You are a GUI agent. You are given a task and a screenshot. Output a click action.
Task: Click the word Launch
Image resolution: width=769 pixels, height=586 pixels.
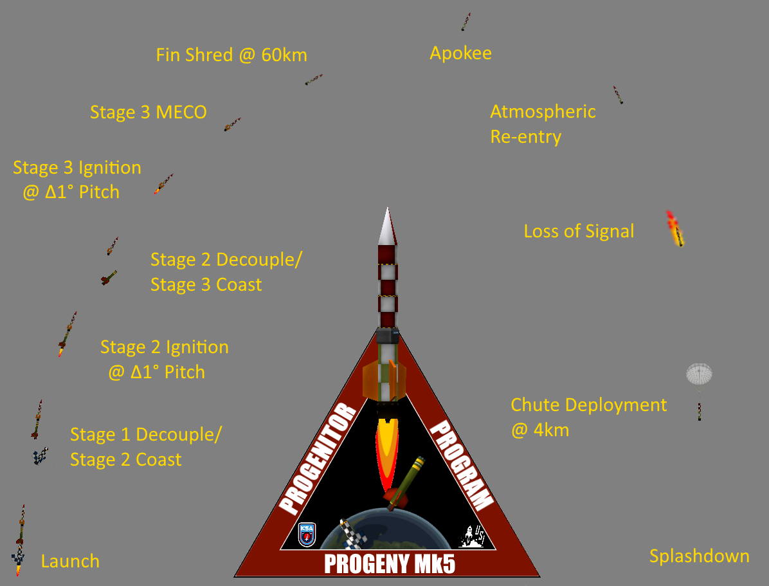tap(70, 561)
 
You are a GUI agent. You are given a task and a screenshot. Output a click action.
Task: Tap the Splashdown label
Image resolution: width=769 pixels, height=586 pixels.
tap(699, 556)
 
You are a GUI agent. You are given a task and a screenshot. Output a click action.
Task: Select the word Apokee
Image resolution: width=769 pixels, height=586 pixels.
tap(460, 53)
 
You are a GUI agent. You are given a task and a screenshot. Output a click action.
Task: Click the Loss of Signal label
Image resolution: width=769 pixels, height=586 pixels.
tap(579, 231)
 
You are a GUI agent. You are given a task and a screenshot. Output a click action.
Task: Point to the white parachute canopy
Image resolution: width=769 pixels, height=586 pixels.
tap(699, 373)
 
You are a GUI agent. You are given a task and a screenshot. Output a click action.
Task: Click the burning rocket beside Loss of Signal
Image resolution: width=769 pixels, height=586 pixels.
tap(675, 229)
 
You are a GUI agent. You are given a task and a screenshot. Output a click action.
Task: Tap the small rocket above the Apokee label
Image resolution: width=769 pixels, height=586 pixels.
tap(466, 21)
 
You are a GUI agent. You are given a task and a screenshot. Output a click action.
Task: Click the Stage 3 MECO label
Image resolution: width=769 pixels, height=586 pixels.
tap(148, 112)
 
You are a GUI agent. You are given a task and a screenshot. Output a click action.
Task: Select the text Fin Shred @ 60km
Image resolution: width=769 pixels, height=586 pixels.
tap(231, 55)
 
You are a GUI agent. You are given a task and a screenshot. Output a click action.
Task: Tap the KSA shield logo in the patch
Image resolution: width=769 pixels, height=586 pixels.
tap(307, 534)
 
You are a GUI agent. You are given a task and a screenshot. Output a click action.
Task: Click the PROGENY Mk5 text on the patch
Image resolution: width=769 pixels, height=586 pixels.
tap(390, 564)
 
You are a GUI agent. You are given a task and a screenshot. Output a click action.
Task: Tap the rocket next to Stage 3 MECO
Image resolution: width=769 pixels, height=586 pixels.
tap(232, 124)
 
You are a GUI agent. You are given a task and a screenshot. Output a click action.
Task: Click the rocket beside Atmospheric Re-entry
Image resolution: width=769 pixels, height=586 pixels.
tap(618, 95)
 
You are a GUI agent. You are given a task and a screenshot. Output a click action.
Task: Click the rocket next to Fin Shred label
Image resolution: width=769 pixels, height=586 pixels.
tap(314, 79)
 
